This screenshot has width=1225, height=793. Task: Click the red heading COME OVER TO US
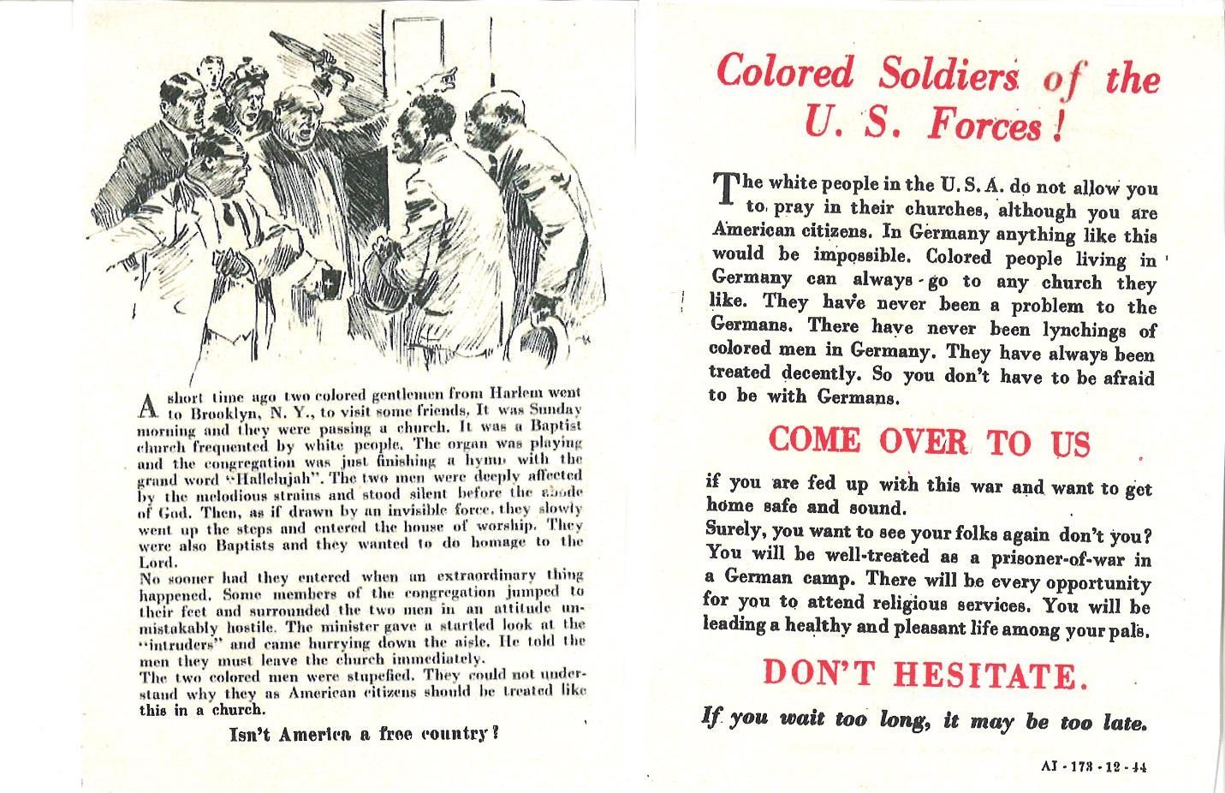[x=929, y=441]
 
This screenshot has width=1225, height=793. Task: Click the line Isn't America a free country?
[x=364, y=734]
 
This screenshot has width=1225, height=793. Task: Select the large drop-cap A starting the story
[x=149, y=404]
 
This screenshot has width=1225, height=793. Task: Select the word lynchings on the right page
[x=1110, y=330]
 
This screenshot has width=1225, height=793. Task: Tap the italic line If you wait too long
[x=924, y=720]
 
